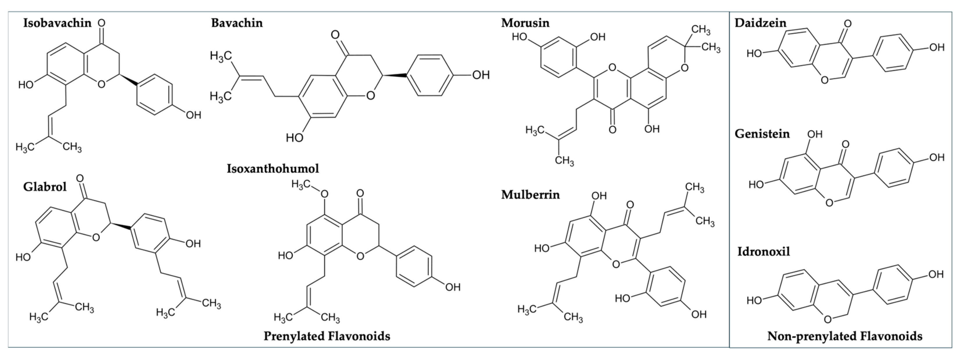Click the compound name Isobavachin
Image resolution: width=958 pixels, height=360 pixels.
tap(57, 23)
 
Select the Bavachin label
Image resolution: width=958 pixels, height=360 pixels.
tap(237, 23)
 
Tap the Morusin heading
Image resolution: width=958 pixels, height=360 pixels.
tap(525, 23)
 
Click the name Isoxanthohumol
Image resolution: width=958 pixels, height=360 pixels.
tap(273, 169)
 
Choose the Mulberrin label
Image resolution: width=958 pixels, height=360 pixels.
tap(530, 194)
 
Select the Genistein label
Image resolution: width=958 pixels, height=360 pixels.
tap(762, 134)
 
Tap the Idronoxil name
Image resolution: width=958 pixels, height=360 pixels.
tap(764, 251)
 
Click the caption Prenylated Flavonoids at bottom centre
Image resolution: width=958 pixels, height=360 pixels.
tap(327, 336)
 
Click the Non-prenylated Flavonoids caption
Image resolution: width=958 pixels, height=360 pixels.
tap(845, 336)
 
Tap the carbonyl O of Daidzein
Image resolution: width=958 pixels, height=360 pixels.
tap(848, 24)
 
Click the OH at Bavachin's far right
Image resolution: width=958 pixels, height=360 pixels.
tap(481, 75)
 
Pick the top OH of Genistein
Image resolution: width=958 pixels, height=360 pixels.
tap(814, 134)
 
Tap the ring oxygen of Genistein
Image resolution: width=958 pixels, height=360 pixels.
tap(829, 202)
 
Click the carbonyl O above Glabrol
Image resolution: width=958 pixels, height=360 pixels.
tap(80, 178)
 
